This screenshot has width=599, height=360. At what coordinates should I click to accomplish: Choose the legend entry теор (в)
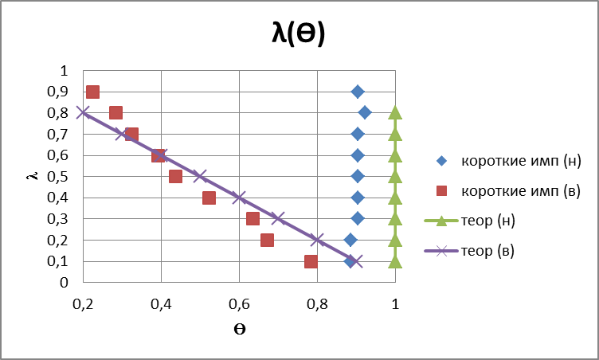[x=488, y=252]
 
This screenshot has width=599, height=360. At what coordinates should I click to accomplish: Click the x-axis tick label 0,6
[x=239, y=303]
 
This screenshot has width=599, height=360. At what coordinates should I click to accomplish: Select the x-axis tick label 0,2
[x=83, y=303]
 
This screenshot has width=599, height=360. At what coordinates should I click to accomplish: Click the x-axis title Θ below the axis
[x=239, y=331]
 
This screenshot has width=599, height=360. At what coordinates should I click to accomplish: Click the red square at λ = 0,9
[x=92, y=92]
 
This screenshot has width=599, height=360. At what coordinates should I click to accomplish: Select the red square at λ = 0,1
[x=311, y=261]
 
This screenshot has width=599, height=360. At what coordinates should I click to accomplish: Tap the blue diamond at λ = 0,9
[x=358, y=92]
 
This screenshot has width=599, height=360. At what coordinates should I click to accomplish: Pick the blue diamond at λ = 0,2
[x=350, y=240]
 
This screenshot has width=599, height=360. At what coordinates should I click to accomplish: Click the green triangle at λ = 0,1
[x=395, y=260]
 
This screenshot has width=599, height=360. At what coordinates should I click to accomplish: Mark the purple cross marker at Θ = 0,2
[x=83, y=112]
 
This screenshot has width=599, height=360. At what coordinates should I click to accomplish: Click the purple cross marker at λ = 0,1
[x=356, y=260]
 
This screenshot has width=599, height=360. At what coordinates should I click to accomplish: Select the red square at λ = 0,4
[x=209, y=198]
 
